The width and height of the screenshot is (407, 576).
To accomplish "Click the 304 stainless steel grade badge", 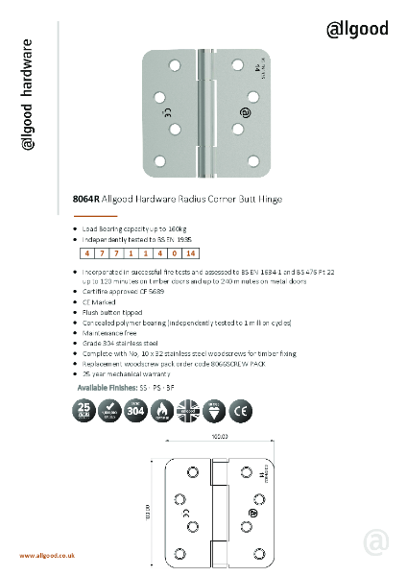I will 135,414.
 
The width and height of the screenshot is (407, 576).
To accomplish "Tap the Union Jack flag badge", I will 186,414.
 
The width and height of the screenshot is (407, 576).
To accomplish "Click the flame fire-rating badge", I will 160,414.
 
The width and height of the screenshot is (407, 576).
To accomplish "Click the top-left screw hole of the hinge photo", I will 175,64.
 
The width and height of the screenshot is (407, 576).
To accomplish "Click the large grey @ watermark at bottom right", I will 376,543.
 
